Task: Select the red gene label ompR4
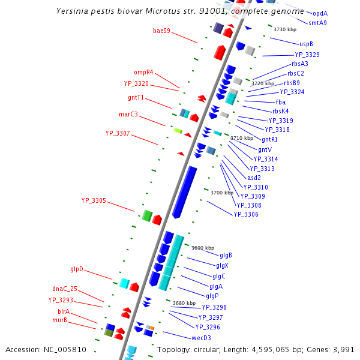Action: (x=143, y=72)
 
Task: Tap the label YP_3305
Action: (x=94, y=200)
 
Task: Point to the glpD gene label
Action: (x=77, y=269)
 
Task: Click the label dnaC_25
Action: (x=65, y=289)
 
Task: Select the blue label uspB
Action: (x=306, y=44)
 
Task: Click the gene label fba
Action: (x=281, y=102)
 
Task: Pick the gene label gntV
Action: (x=265, y=149)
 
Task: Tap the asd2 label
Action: (x=254, y=178)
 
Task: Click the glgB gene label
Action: (x=226, y=256)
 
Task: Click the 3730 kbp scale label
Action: (x=285, y=29)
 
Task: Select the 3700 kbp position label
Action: (x=222, y=193)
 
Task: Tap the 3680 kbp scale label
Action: (x=184, y=303)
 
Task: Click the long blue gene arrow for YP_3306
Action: (x=185, y=192)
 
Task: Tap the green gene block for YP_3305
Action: (x=146, y=215)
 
